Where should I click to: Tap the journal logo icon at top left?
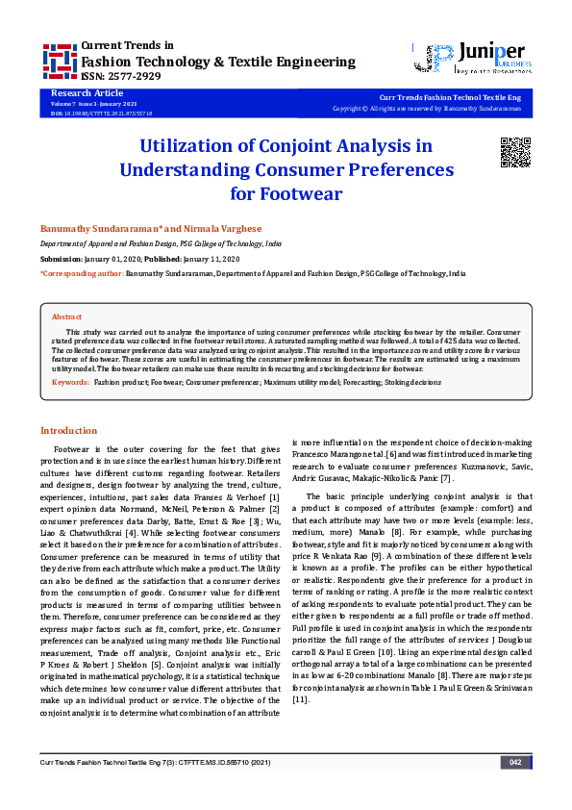pyautogui.click(x=60, y=61)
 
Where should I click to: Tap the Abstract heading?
pyautogui.click(x=66, y=316)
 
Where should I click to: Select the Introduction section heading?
pyautogui.click(x=67, y=430)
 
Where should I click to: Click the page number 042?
pyautogui.click(x=515, y=789)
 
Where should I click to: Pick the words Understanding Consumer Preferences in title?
pyautogui.click(x=286, y=170)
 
